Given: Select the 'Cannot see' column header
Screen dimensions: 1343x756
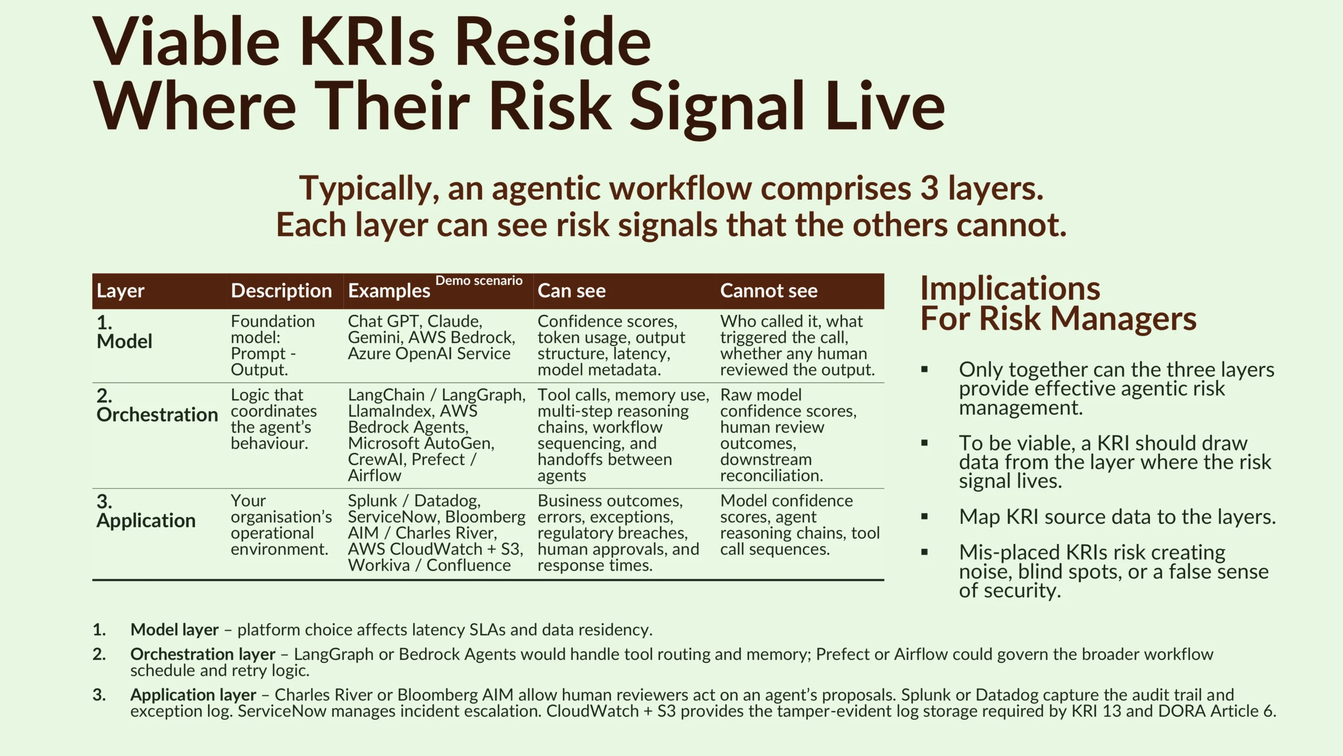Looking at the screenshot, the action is coord(769,290).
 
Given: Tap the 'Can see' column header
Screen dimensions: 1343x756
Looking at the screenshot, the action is coord(571,290).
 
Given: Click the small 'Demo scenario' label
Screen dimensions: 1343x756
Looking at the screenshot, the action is coord(479,280).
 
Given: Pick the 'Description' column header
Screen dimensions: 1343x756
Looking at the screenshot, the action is coord(281,290).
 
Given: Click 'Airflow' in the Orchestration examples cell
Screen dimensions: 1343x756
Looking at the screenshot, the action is coord(375,475).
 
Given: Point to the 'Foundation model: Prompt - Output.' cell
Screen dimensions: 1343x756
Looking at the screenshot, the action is coord(273,345).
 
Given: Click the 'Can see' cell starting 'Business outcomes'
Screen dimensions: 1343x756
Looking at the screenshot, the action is coord(618,533).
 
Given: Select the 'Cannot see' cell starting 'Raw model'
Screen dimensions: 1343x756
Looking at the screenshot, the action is coord(788,435).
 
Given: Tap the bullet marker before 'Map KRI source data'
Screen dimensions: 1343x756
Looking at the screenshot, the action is coord(924,517).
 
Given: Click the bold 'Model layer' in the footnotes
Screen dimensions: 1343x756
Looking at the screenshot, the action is coord(174,629).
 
